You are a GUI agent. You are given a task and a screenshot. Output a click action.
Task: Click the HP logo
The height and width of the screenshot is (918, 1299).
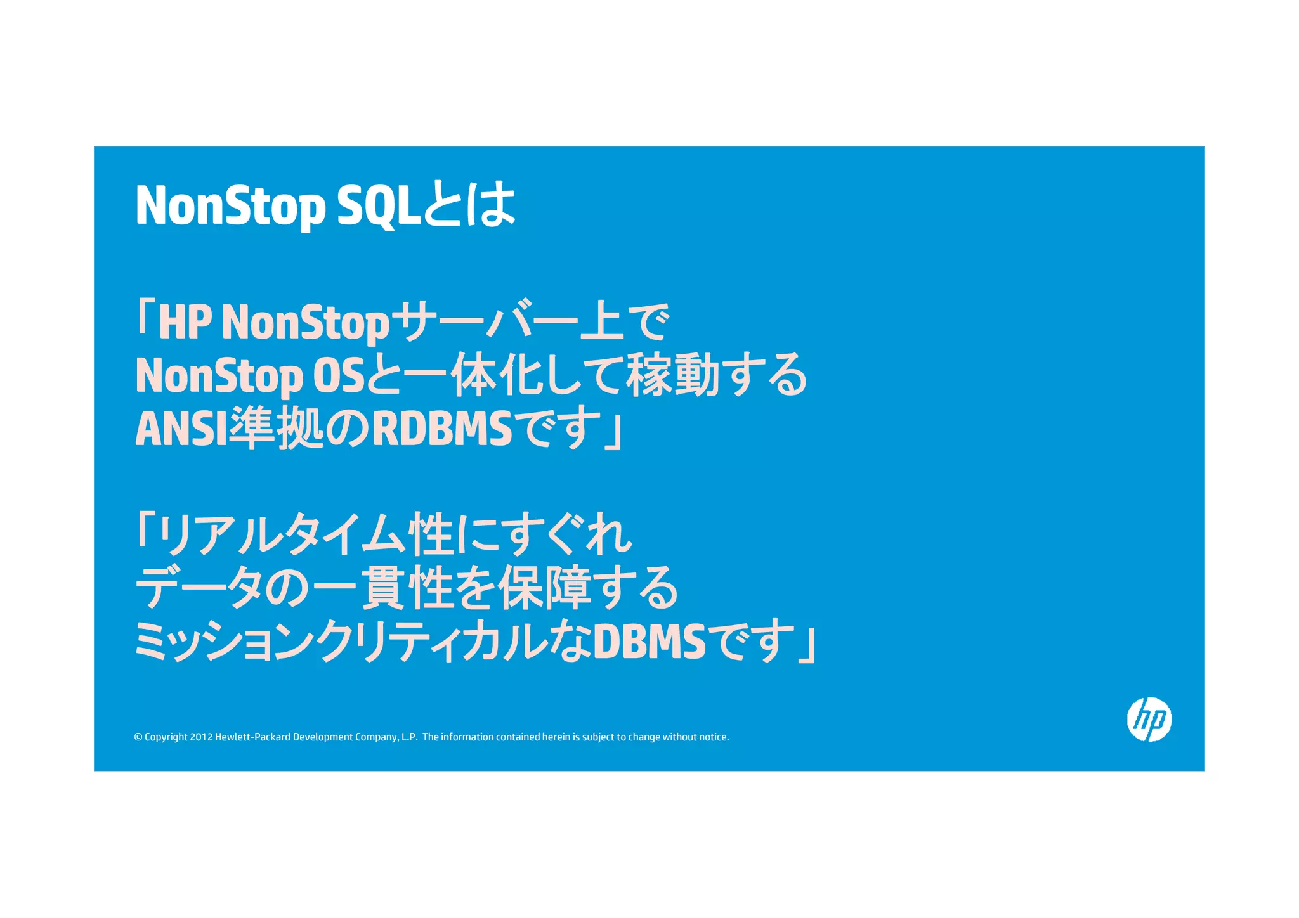[x=1149, y=719]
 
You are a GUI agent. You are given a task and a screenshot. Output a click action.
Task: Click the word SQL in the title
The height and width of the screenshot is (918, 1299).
[x=379, y=205]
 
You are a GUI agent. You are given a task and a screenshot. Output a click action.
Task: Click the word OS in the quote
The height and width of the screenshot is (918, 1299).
[x=339, y=375]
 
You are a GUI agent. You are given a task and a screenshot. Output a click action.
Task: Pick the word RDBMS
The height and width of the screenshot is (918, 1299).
[x=442, y=429]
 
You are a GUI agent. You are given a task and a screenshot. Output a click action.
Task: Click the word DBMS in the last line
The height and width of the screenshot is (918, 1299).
[x=649, y=641]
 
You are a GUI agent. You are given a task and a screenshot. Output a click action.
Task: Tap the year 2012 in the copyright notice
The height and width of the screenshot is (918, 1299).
[x=201, y=737]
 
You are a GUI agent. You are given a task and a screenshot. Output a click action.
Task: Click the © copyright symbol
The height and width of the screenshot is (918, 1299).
[x=138, y=737]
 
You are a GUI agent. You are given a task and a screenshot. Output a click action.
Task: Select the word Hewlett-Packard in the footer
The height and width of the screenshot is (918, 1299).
[x=252, y=737]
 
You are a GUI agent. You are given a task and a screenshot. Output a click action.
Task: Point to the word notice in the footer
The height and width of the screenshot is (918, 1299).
[x=714, y=737]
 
